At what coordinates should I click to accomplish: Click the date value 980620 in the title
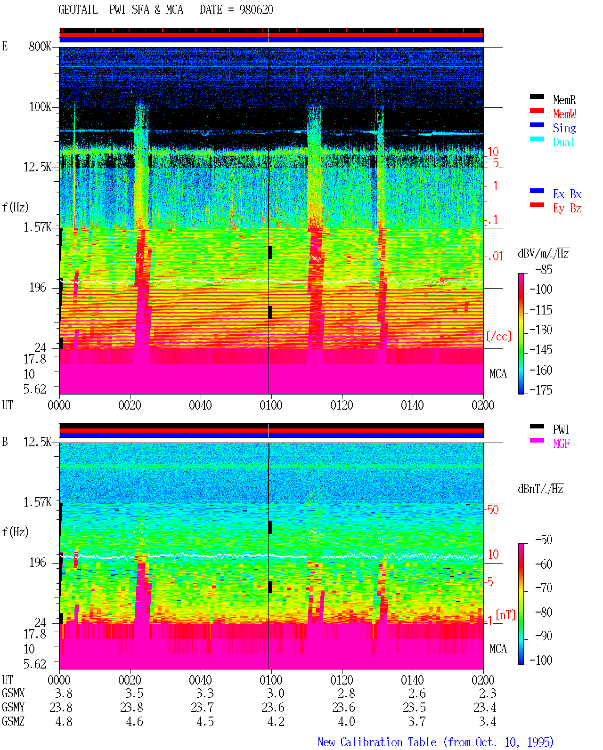click(256, 10)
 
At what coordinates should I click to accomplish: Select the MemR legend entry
click(564, 100)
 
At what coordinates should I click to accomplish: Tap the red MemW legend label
click(564, 114)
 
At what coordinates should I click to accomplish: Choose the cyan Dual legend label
click(563, 142)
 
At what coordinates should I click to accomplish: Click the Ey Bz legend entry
click(567, 209)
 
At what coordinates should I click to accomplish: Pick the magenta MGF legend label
click(561, 444)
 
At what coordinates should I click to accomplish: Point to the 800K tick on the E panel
click(40, 46)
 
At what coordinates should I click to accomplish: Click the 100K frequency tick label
click(40, 107)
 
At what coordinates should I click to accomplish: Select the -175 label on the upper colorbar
click(540, 390)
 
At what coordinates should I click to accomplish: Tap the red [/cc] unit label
click(499, 336)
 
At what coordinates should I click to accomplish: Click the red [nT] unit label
click(505, 615)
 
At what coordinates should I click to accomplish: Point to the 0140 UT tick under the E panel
click(412, 405)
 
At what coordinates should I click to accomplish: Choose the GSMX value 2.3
click(487, 693)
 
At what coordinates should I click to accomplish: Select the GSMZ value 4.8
click(64, 721)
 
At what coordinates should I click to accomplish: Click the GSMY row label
click(13, 707)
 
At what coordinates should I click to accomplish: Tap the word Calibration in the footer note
click(388, 742)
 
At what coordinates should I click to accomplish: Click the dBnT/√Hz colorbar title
click(540, 489)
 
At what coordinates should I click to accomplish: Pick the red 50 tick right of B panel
click(493, 509)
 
